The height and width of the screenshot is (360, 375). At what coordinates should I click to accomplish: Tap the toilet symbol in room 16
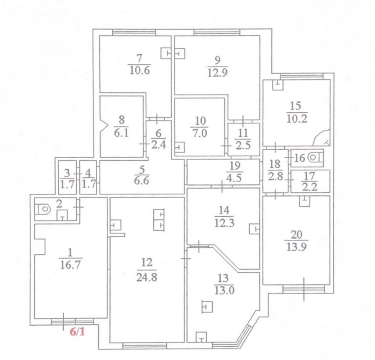point(315,158)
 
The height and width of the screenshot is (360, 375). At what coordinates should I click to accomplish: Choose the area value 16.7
point(71,264)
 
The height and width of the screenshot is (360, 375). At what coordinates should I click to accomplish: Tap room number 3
point(67,174)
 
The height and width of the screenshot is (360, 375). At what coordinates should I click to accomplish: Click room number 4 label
point(88,174)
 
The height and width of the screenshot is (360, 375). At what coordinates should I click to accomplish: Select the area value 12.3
point(224,223)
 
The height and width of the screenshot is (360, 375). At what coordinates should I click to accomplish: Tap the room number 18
point(275,164)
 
